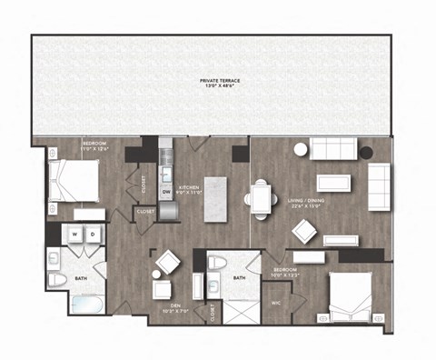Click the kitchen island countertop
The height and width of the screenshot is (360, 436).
[x=214, y=197]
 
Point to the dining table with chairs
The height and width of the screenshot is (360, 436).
[x=260, y=198]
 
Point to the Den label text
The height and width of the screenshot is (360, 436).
[x=169, y=306]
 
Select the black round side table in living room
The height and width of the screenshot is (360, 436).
[x=366, y=152]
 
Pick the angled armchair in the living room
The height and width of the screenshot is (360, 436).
[x=303, y=231]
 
